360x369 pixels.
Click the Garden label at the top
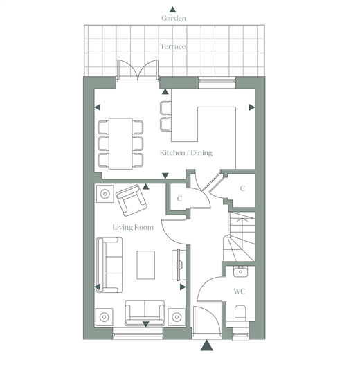pyautogui.click(x=174, y=18)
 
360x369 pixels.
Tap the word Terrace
pyautogui.click(x=172, y=46)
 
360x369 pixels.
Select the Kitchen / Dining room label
pyautogui.click(x=186, y=153)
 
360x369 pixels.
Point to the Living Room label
pyautogui.click(x=133, y=227)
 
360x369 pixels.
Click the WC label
pyautogui.click(x=240, y=291)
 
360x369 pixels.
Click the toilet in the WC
pyautogui.click(x=240, y=313)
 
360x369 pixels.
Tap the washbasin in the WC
pyautogui.click(x=240, y=271)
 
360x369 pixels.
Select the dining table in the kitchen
pyautogui.click(x=120, y=143)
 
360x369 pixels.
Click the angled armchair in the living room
pyautogui.click(x=132, y=200)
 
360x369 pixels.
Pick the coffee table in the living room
pyautogui.click(x=146, y=264)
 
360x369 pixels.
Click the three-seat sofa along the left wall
pyautogui.click(x=109, y=264)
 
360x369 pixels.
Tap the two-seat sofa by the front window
pyautogui.click(x=145, y=313)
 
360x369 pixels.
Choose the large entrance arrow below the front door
pyautogui.click(x=207, y=345)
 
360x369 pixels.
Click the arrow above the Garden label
pyautogui.click(x=172, y=10)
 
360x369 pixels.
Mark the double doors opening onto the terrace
pyautogui.click(x=138, y=71)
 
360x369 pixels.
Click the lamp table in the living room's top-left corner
pyautogui.click(x=105, y=194)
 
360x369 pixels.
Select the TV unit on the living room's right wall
pyautogui.click(x=178, y=264)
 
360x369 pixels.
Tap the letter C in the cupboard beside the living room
pyautogui.click(x=179, y=199)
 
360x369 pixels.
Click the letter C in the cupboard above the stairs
pyautogui.click(x=242, y=188)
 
